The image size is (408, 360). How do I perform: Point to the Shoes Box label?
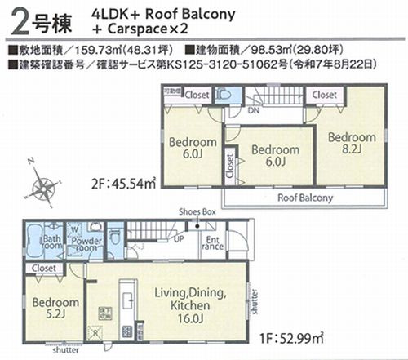point(197,211)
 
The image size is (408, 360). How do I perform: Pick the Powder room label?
point(87,243)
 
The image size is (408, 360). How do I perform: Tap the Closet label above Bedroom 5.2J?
point(44,267)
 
